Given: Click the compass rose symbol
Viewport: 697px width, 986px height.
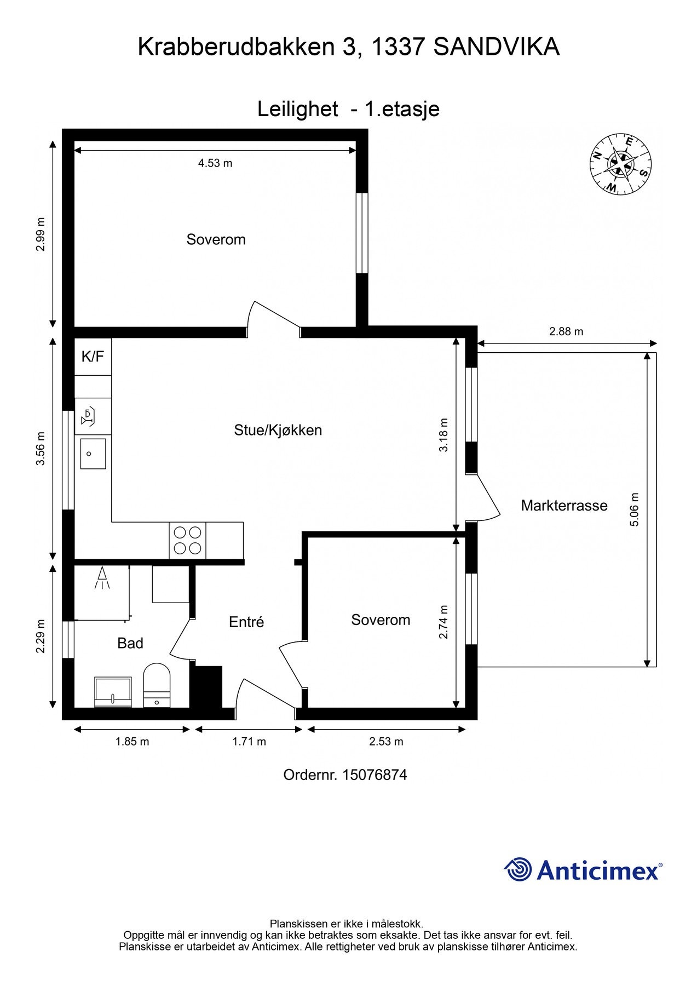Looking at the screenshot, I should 620,163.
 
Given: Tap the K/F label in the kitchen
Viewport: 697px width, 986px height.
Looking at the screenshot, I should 93,357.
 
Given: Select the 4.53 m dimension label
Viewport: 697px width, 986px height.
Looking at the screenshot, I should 215,163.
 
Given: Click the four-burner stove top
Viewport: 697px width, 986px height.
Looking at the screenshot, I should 188,540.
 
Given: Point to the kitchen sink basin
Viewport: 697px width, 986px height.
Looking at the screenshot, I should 93,454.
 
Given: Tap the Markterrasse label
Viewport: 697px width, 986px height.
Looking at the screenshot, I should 563,505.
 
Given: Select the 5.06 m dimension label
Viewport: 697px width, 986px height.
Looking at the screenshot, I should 635,509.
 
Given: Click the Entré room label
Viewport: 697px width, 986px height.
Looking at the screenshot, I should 246,622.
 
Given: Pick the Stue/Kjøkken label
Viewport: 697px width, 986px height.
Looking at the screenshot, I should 278,430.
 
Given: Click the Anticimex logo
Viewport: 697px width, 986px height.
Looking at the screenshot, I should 583,870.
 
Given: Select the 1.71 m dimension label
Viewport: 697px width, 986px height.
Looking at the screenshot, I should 249,742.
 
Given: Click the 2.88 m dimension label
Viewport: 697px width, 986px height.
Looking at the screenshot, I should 566,331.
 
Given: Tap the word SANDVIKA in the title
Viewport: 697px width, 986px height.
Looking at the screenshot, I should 496,47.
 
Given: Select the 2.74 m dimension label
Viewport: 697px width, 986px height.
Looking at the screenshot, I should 443,622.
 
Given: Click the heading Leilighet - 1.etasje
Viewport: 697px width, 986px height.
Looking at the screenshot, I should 348,109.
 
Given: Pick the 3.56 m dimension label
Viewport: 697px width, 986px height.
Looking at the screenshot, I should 41,449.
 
